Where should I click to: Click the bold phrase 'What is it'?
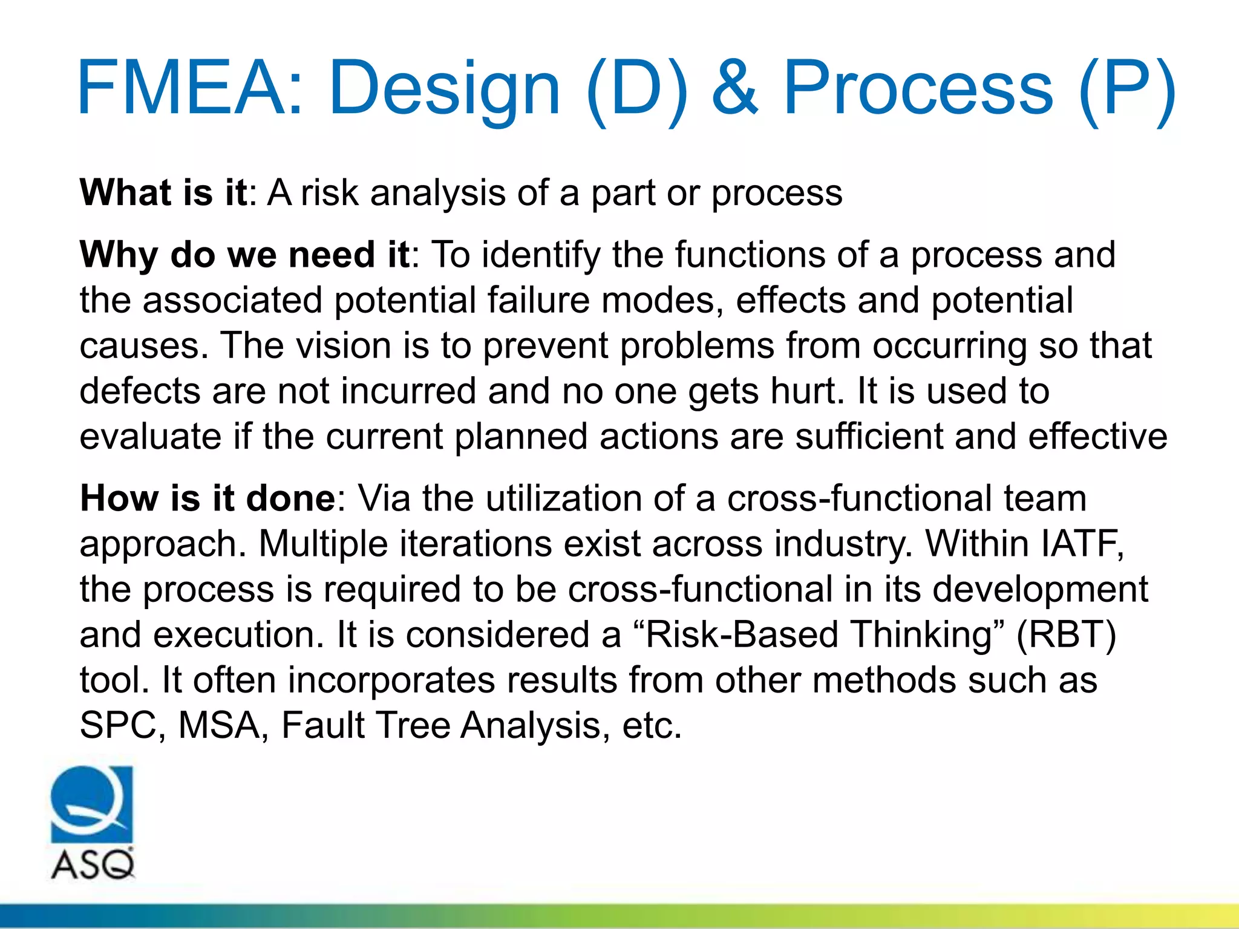163,193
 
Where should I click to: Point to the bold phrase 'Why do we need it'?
245,255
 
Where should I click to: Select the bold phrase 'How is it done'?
208,498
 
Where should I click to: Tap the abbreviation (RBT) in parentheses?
1066,635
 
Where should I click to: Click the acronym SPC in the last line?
119,725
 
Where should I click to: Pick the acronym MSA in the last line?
219,725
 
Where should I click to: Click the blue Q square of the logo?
91,804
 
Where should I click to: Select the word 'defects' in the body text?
140,391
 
